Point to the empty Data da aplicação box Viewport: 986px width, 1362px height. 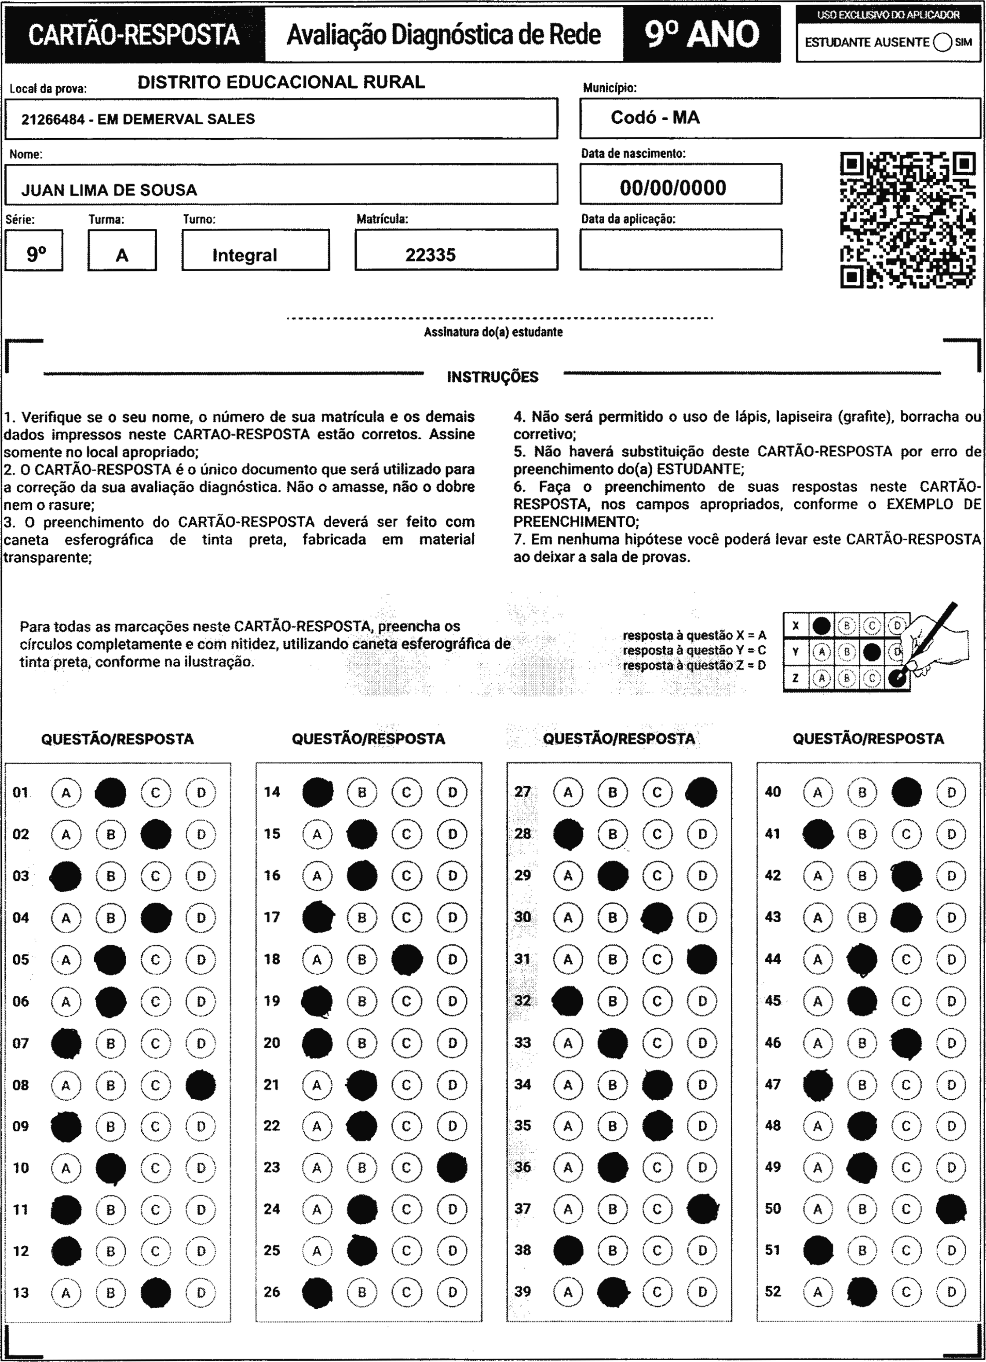(680, 249)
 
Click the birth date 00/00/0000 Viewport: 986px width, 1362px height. (673, 188)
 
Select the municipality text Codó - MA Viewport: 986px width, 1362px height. (655, 118)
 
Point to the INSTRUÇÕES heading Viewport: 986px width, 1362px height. (493, 377)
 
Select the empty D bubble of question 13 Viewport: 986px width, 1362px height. (201, 1293)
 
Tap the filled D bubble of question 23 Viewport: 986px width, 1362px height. (452, 1167)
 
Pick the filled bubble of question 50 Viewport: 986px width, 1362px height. (951, 1209)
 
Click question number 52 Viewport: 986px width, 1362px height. (773, 1292)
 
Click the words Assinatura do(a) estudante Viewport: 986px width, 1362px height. (493, 332)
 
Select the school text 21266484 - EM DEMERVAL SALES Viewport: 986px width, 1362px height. (138, 119)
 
